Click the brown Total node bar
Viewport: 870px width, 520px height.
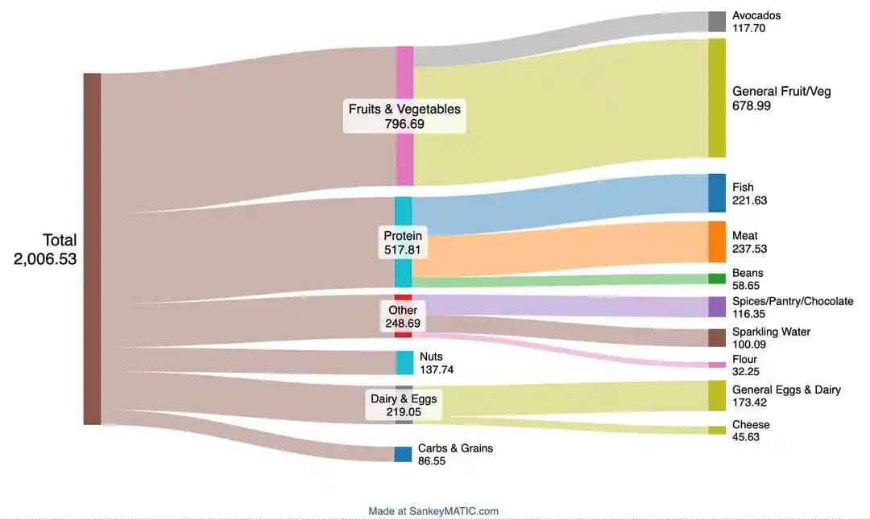(92, 249)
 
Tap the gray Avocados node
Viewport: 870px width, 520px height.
(717, 22)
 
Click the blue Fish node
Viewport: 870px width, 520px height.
(717, 193)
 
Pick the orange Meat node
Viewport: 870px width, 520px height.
(717, 241)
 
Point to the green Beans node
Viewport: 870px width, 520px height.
(717, 279)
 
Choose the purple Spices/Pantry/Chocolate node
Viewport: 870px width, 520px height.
(717, 307)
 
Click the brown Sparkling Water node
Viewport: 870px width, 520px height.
(717, 337)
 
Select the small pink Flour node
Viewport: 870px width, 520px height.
(717, 365)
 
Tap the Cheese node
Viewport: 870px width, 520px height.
(717, 430)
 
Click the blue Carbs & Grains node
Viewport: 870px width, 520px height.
(403, 454)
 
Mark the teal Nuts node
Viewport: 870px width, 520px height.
(404, 363)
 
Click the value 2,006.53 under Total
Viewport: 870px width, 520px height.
(45, 258)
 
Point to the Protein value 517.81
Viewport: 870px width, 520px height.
(403, 250)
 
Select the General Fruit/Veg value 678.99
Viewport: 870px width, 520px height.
(752, 105)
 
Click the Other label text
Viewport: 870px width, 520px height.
(403, 310)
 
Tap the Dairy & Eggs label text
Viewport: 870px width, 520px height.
(404, 398)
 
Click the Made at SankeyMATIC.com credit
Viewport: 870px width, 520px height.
(433, 511)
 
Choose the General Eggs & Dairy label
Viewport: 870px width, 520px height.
(786, 390)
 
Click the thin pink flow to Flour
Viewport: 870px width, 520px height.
(564, 352)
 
